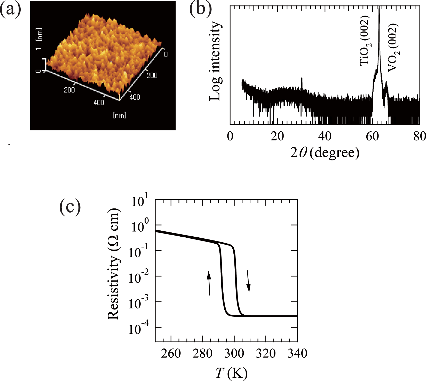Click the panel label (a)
[x=10, y=10]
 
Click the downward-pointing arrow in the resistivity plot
[x=248, y=281]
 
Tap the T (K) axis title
[x=231, y=373]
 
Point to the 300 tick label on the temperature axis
[x=234, y=353]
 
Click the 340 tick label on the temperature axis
[x=297, y=353]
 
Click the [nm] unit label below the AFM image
[x=120, y=115]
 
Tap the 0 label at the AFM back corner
[x=166, y=54]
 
